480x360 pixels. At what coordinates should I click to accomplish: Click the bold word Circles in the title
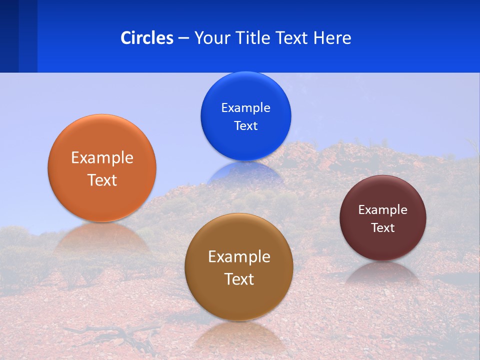point(146,38)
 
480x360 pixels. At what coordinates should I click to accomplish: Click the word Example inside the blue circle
point(245,108)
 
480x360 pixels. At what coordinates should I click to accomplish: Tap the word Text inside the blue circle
point(245,126)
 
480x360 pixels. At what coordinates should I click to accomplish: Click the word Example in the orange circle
point(102,158)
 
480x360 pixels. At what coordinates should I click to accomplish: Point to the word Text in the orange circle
point(102,180)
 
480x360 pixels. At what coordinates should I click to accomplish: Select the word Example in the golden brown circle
point(238,257)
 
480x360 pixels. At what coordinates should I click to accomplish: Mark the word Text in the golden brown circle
point(238,279)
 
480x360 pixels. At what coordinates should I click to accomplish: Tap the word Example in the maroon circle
point(382,210)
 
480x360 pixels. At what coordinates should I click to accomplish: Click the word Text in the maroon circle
point(382,228)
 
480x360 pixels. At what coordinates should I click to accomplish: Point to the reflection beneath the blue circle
point(245,172)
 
